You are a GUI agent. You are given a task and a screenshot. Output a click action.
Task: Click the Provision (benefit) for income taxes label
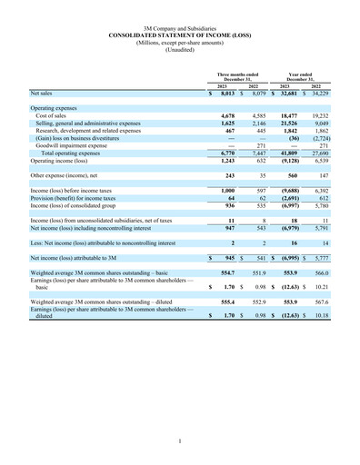click(x=80, y=197)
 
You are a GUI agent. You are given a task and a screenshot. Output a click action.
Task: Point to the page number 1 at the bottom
click(x=180, y=441)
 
